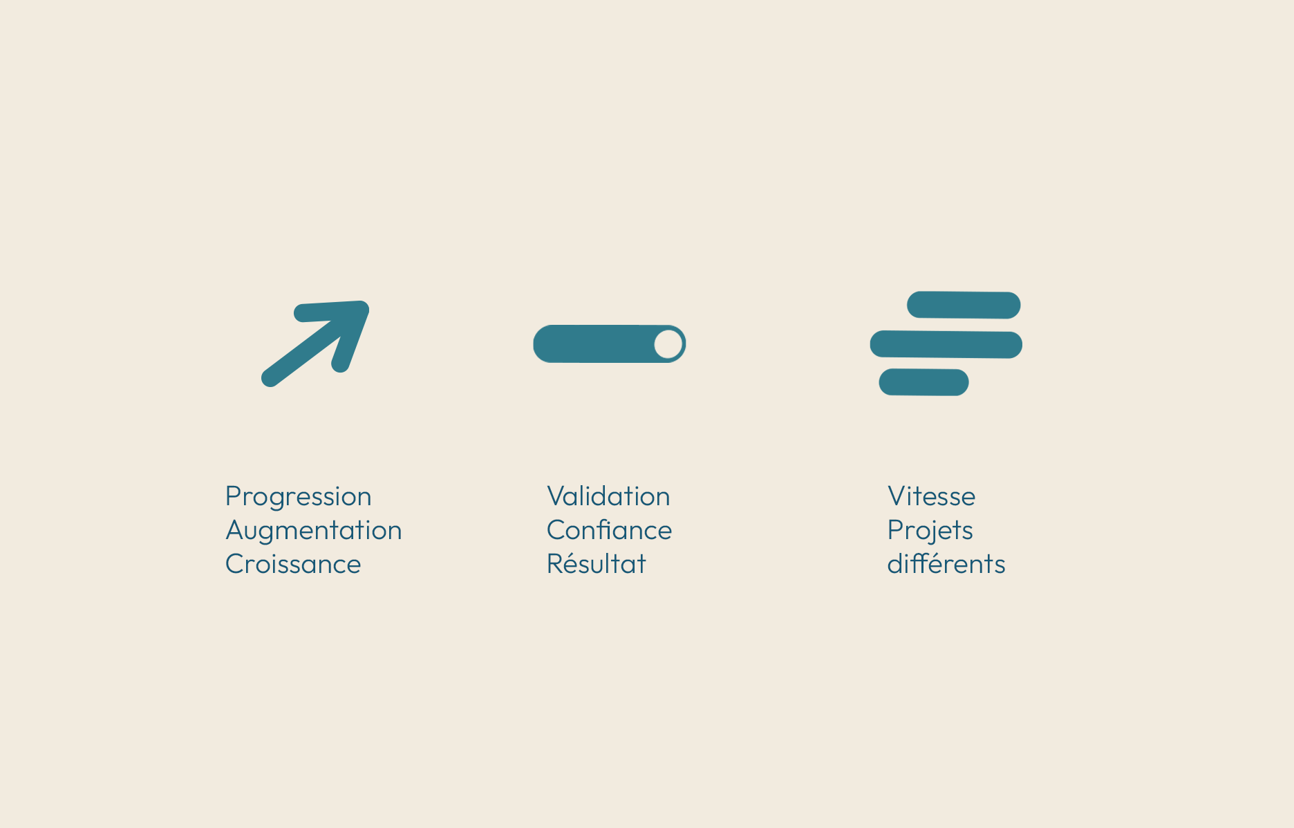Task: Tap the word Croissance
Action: coord(293,565)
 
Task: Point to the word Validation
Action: coord(608,496)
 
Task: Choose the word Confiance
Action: coord(609,530)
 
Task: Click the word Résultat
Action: coord(596,564)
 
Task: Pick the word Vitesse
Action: coord(931,496)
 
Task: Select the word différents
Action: coord(946,564)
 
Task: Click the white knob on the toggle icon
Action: coord(668,344)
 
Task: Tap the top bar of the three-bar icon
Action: coord(964,305)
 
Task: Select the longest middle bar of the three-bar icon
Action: coord(946,344)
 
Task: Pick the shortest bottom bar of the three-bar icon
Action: coord(923,382)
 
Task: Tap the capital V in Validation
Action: coord(556,496)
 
